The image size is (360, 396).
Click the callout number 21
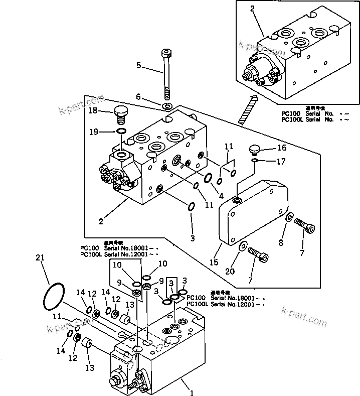click(x=41, y=257)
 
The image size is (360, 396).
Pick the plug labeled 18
click(x=120, y=115)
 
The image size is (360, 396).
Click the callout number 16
click(x=282, y=148)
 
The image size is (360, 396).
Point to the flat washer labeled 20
click(x=243, y=246)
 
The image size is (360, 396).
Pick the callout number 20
click(x=230, y=272)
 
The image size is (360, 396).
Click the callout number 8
click(x=281, y=243)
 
